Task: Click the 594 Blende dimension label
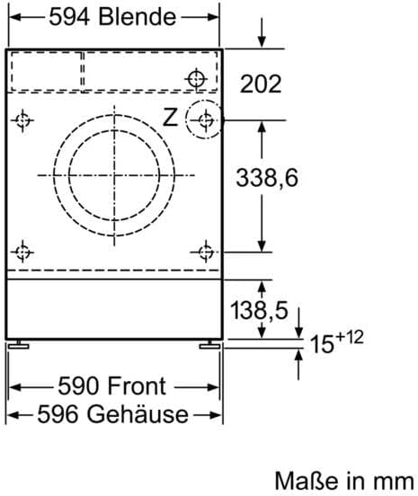click(x=112, y=18)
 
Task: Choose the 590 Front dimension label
click(x=112, y=385)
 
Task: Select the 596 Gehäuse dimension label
click(x=112, y=414)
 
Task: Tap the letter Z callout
click(x=170, y=116)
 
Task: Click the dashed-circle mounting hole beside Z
click(x=206, y=119)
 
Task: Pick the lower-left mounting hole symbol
click(x=24, y=251)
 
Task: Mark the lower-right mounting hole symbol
click(x=206, y=251)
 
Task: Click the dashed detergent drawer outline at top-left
click(x=46, y=70)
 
